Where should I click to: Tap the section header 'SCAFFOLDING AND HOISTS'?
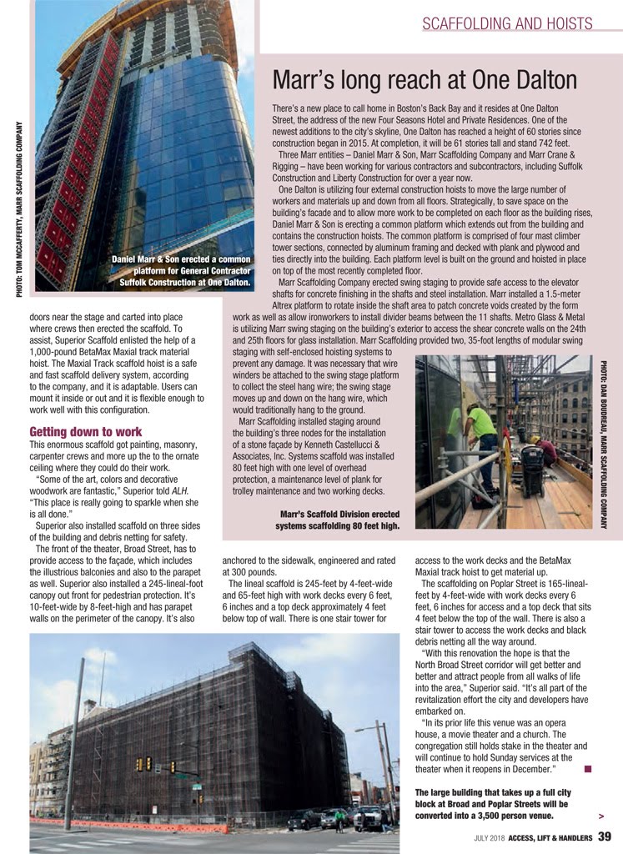point(507,23)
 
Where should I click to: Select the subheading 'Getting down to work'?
point(85,432)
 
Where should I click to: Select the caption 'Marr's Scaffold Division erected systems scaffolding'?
point(338,520)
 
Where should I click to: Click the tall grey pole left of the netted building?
point(74,742)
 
